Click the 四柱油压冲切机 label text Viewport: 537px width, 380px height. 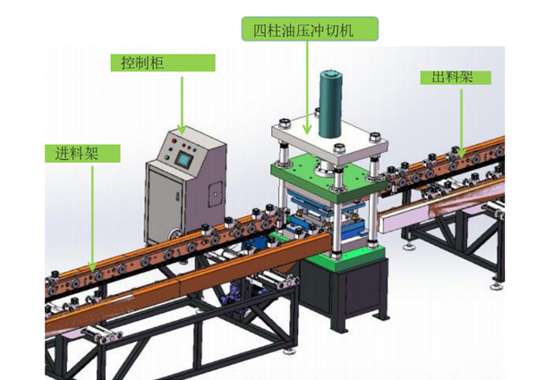(303, 30)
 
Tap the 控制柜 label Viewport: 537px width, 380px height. (142, 63)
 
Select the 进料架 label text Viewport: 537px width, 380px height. (77, 153)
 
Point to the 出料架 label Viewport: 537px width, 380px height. (452, 77)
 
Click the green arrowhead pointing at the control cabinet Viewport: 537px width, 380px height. (182, 130)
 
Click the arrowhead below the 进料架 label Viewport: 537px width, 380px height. (92, 266)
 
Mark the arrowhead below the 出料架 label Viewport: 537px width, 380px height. (461, 153)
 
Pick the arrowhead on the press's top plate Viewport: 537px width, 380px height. (307, 130)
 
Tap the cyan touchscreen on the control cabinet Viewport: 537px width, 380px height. (183, 159)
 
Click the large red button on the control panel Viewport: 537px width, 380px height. (175, 140)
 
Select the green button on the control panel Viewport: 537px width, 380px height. (166, 157)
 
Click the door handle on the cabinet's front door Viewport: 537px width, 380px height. (178, 197)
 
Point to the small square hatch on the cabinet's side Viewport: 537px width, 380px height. (216, 194)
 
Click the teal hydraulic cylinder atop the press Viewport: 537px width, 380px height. (330, 105)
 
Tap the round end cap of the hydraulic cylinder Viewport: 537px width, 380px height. (330, 76)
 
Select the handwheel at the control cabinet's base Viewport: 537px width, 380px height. (176, 234)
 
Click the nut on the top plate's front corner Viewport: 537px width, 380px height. (339, 148)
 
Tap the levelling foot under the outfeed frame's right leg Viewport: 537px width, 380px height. (496, 285)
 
